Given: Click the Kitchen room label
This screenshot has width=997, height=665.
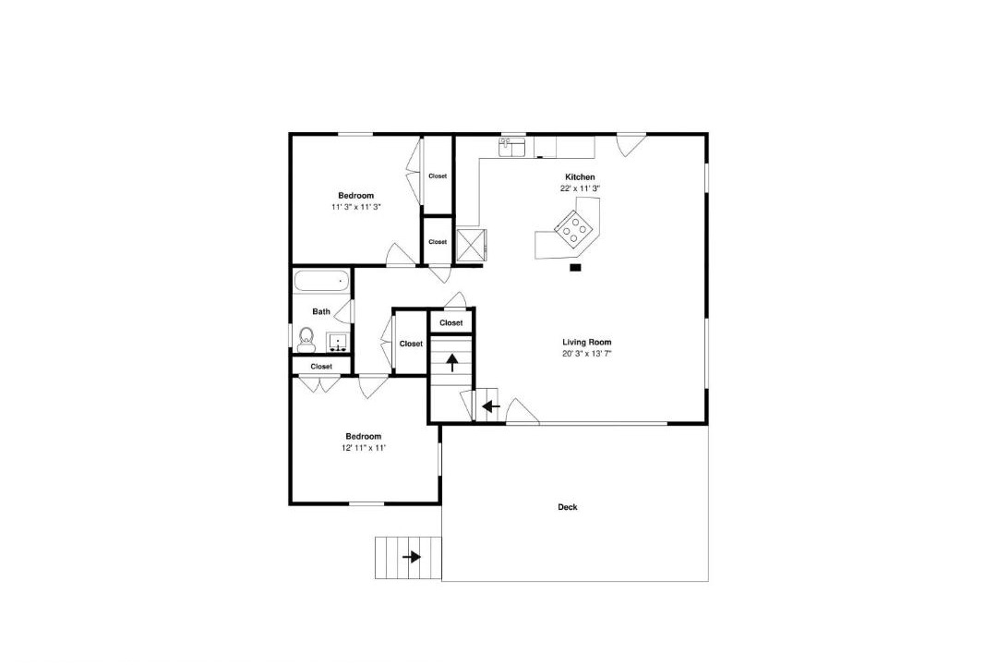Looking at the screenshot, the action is point(580,177).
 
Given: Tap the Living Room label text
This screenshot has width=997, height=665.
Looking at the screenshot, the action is point(587,342).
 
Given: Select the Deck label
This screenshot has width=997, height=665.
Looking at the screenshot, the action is point(567,507).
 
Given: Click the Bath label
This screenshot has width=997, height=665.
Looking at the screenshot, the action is point(321,312).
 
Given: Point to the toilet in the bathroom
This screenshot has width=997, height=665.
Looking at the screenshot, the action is point(306,340).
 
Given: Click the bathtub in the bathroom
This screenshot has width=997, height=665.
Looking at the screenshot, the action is point(322,281).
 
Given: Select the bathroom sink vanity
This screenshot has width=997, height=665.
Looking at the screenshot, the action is point(336,343).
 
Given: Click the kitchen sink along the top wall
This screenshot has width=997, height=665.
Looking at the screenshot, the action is point(511,147).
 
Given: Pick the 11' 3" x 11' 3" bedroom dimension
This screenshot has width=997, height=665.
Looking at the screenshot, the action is point(356,207).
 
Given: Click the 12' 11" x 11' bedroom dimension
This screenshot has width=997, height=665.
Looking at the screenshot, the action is point(364,447).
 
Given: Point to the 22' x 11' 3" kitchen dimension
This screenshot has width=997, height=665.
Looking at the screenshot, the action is point(580,188).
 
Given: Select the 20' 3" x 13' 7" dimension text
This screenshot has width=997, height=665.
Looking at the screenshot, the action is point(587,353).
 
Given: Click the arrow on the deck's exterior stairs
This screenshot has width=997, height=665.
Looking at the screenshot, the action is point(412,558).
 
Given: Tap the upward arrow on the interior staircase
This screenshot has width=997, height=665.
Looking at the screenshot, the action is point(452,363).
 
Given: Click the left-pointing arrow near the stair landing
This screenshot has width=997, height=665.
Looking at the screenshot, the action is point(491,406).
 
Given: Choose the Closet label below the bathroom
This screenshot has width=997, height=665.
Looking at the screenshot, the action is point(321,367).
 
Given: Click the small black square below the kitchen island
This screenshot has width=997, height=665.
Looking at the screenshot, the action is point(575,268).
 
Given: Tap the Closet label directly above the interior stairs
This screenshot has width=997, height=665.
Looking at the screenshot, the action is point(451,322).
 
